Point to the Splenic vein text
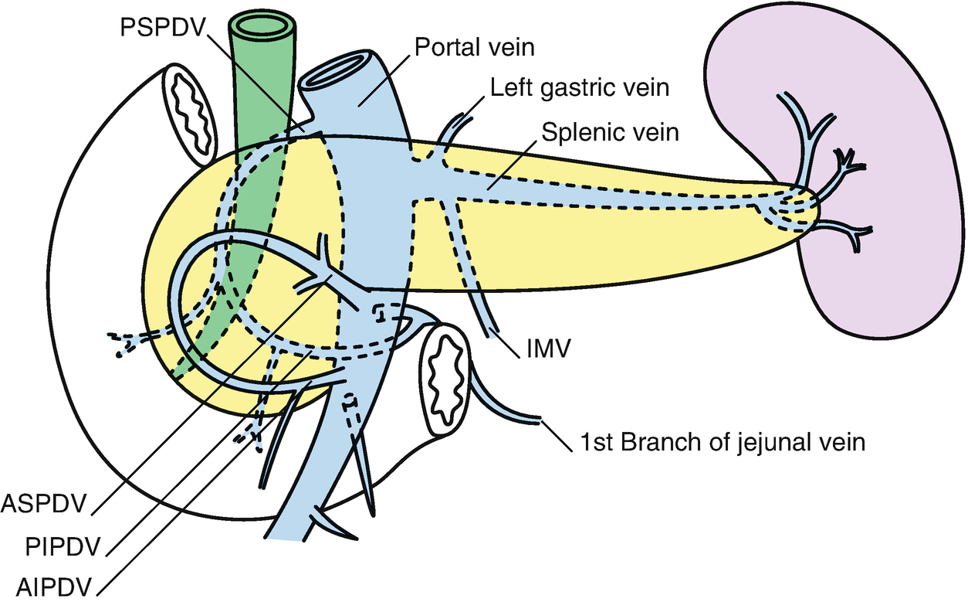point(610,132)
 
